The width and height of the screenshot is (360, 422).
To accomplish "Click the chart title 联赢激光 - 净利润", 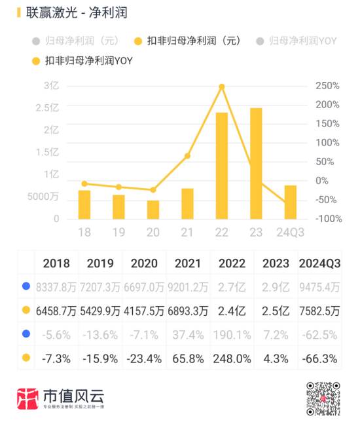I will pos(72,13).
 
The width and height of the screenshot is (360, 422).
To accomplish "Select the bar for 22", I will pos(222,166).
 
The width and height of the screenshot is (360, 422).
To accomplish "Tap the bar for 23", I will pos(256,164).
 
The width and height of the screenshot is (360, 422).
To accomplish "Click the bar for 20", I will pos(153,210).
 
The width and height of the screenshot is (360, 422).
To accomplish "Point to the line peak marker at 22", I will pos(222,86).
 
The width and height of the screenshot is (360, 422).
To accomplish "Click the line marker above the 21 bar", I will pos(187,156).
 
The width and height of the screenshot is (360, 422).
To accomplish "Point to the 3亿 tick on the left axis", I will pos(52,86).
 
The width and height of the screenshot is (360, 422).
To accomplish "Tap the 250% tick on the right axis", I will pos(327,86).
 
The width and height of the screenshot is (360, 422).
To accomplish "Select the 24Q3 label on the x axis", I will pos(289,233).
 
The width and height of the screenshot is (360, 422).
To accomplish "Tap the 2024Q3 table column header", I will pos(319,263).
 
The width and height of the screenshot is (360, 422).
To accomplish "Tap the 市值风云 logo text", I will pos(82,397).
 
